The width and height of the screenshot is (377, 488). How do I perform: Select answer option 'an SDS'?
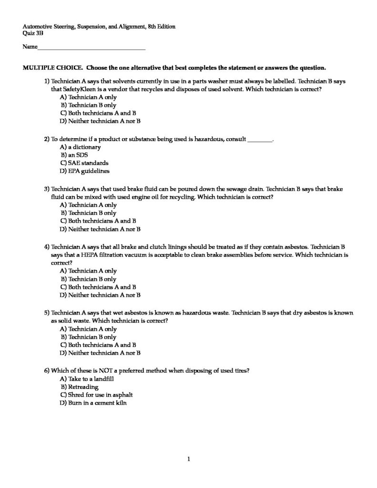[77, 155]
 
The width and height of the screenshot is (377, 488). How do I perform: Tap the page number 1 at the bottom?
[189, 459]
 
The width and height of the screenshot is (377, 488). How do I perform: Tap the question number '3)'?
[47, 189]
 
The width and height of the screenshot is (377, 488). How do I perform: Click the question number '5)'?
[47, 313]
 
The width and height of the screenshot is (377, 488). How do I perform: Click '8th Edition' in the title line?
[161, 27]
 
